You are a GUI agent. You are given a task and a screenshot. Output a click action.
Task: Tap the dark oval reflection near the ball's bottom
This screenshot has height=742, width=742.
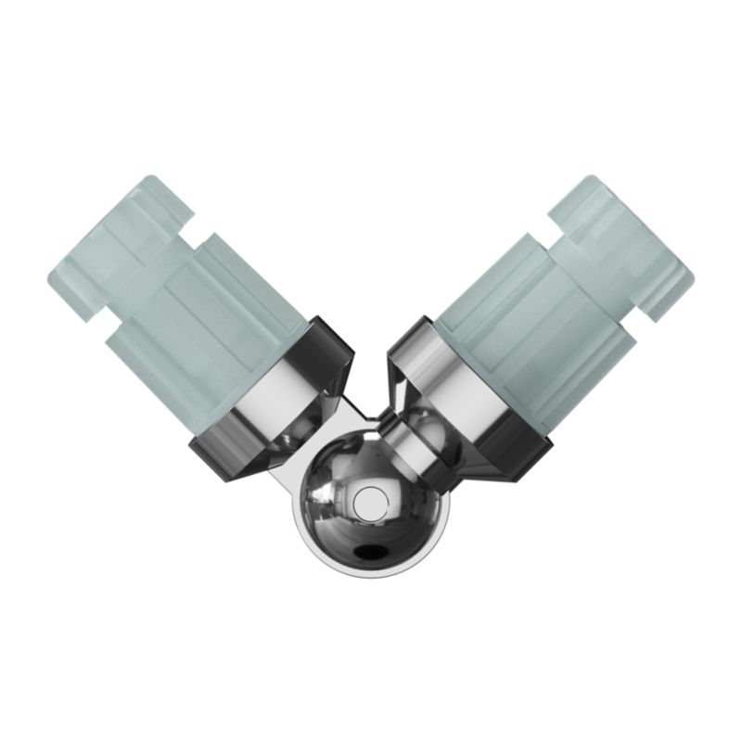[x=372, y=552]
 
